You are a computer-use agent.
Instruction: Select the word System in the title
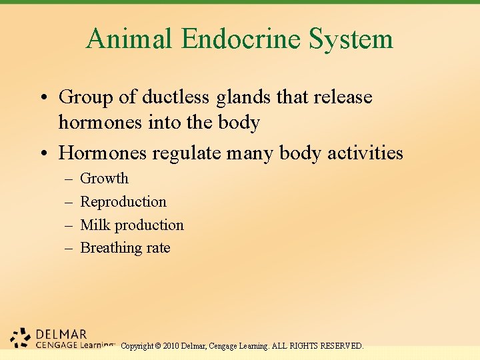pos(351,39)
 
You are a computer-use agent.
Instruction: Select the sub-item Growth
pos(104,179)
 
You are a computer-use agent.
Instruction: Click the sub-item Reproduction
pos(123,202)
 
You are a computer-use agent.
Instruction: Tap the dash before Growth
pos(69,179)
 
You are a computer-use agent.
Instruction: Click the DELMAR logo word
pos(61,334)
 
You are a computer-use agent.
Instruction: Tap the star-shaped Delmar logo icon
pos(22,338)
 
